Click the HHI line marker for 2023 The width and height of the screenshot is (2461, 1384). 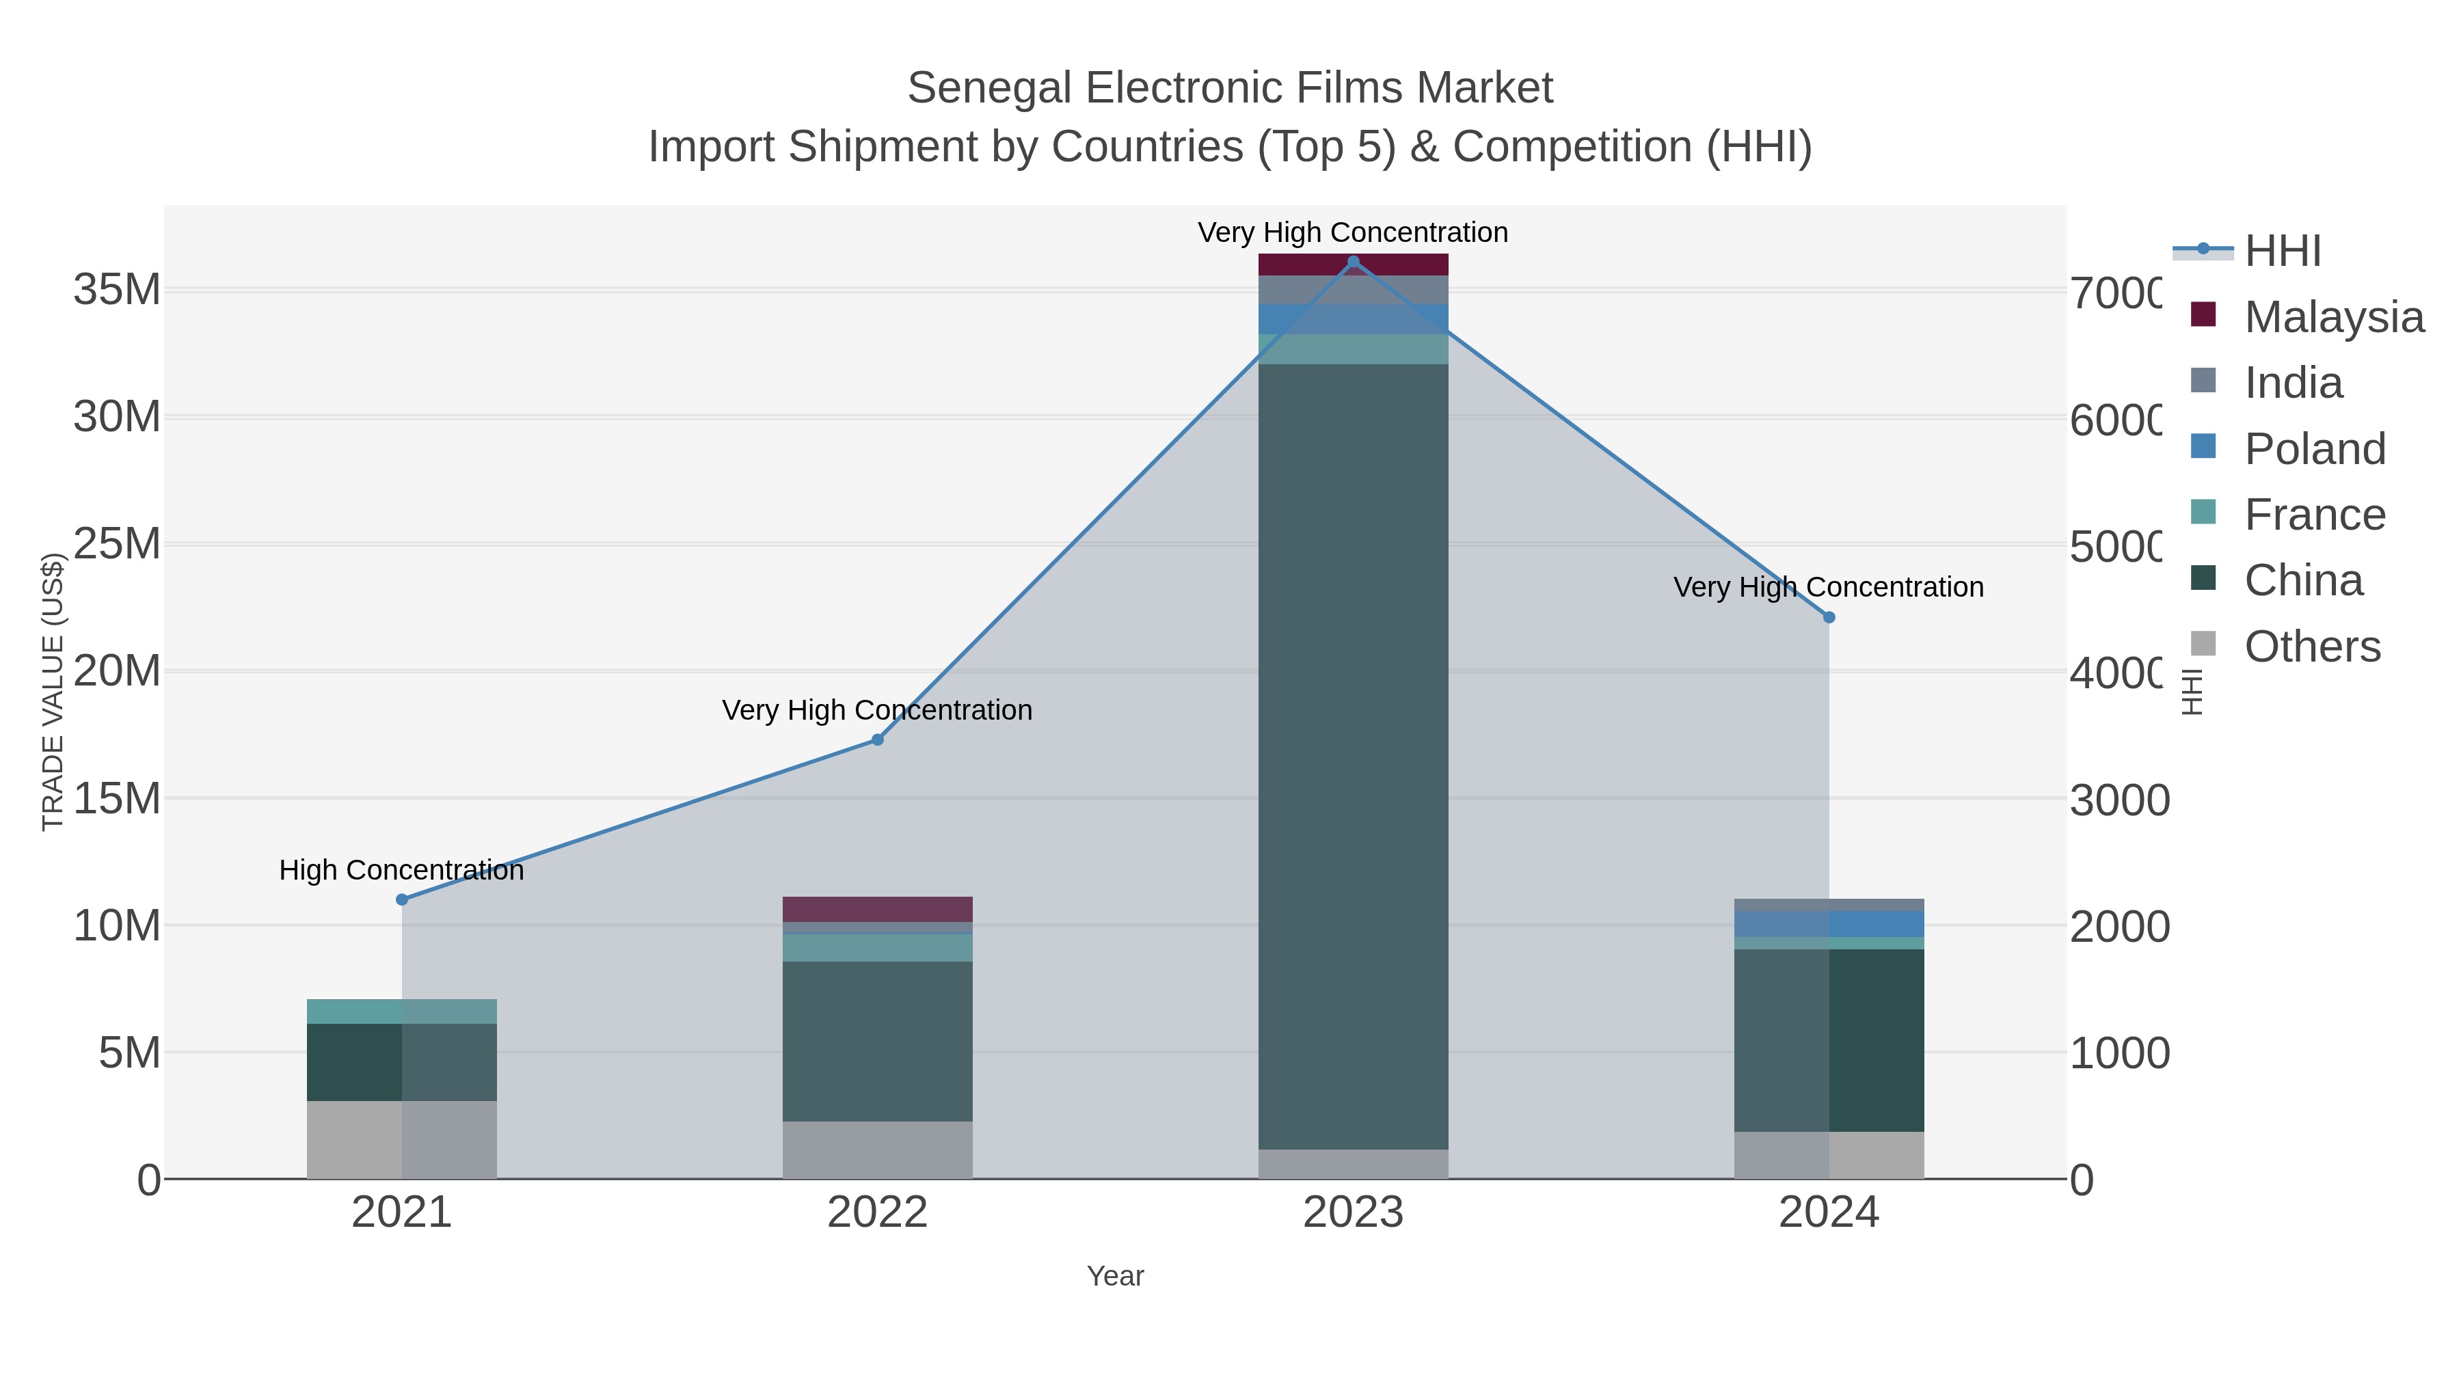pos(1353,262)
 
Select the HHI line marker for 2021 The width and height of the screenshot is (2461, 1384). pos(401,899)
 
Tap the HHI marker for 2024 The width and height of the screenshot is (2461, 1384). pos(1829,618)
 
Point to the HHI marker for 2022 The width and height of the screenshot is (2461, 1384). pos(877,740)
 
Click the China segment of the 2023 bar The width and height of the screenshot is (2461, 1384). pos(1353,755)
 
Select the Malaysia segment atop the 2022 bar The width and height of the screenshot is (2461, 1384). pos(877,909)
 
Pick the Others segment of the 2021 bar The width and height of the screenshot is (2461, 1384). pos(401,1139)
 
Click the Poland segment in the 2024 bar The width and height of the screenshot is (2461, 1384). pos(1829,923)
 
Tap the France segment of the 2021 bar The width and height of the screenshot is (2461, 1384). pos(401,1012)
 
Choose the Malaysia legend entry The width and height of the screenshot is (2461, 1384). pos(2333,317)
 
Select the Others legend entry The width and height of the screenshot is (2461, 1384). pos(2312,647)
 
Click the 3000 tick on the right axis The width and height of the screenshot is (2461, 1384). pos(2119,800)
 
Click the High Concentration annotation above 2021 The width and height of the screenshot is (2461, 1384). pos(401,870)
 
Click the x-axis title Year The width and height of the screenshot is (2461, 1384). pos(1115,1276)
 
